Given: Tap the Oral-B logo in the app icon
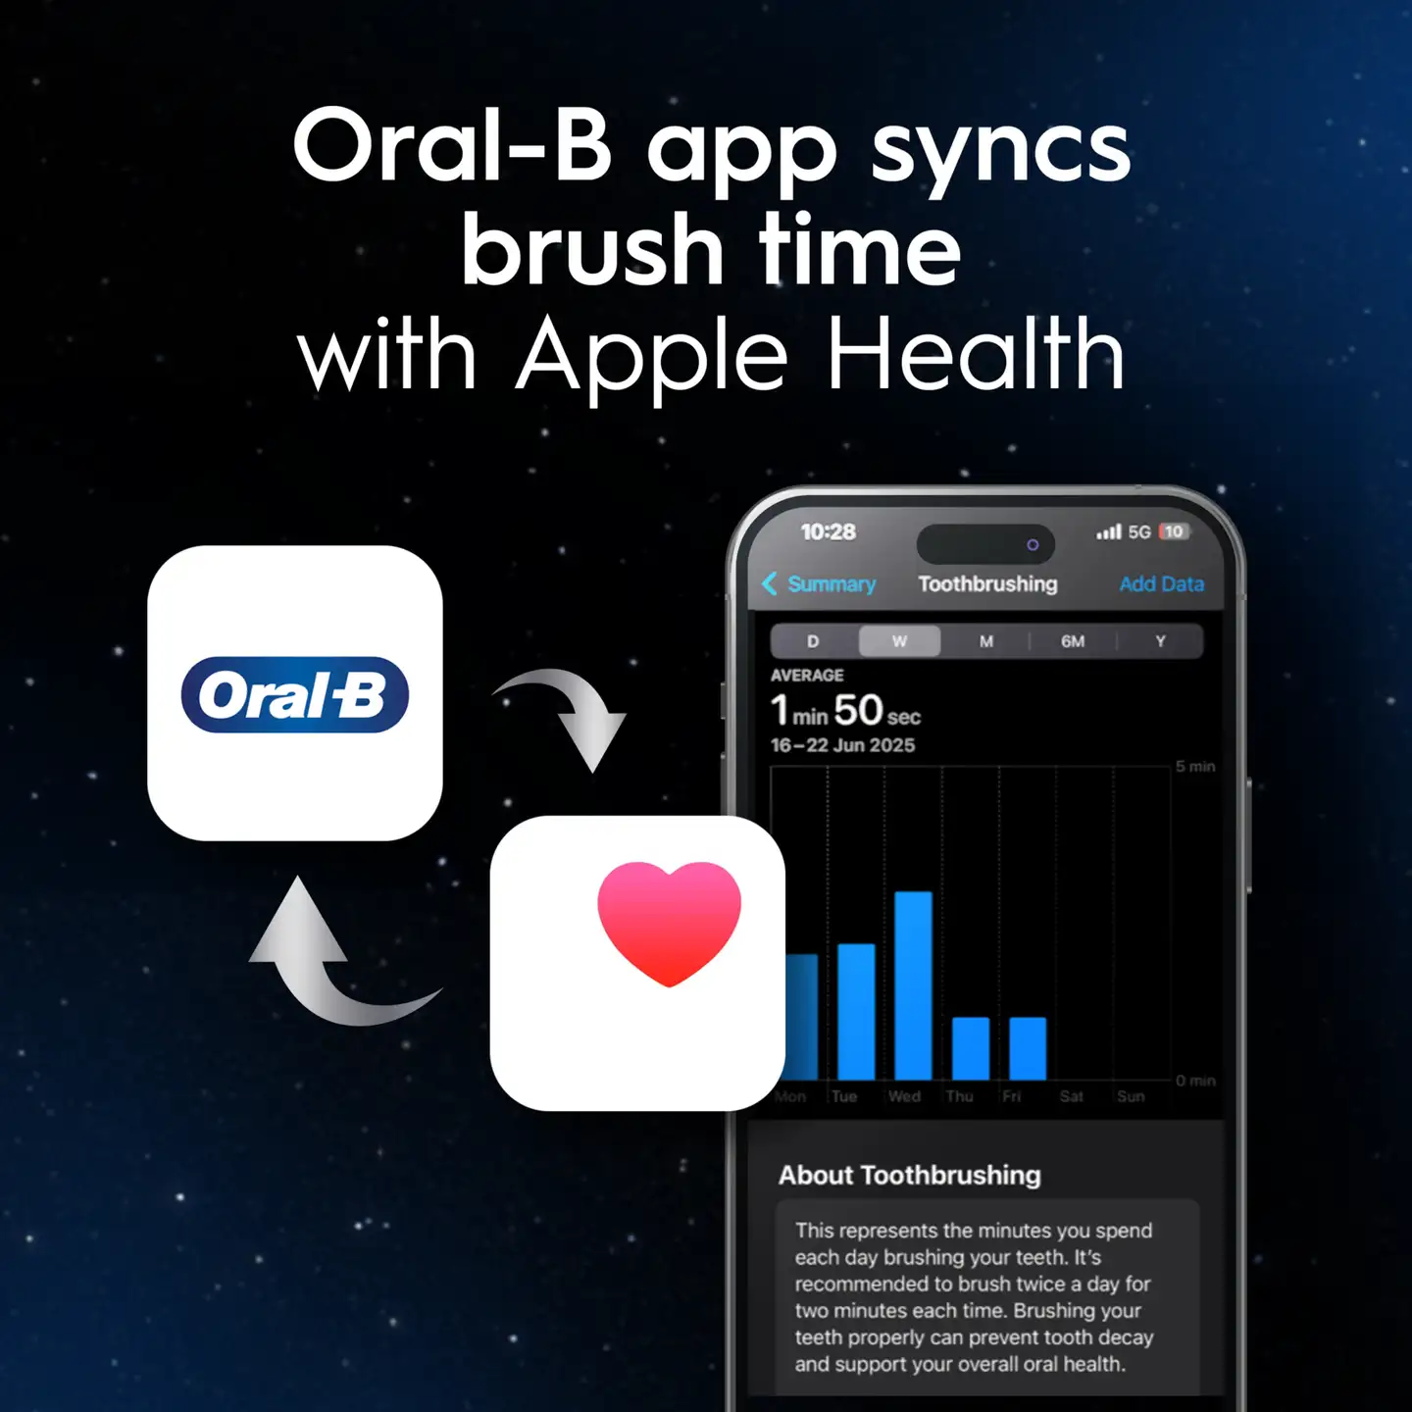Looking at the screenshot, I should (294, 695).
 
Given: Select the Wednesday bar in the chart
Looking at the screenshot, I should (913, 984).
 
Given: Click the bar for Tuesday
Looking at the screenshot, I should (856, 1011).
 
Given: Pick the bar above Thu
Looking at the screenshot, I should (971, 1048).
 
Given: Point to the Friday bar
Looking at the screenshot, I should (1028, 1048).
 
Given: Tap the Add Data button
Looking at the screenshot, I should (1161, 584).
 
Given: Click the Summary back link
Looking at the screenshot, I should (820, 584).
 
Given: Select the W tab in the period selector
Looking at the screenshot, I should (899, 641).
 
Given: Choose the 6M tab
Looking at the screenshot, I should (1073, 641).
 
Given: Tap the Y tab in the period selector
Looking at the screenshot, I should (1160, 641).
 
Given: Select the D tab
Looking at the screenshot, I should (813, 641).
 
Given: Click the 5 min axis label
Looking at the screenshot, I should (1195, 767).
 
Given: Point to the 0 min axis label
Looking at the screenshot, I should (1195, 1081).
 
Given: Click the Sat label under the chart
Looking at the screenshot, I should (1071, 1096).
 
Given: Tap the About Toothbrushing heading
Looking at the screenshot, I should (909, 1175).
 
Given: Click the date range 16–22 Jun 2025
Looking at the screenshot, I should (842, 745).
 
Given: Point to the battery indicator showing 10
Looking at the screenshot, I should (1174, 531).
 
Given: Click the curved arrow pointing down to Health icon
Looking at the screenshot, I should (569, 714).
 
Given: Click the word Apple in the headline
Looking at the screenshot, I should (651, 355).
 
